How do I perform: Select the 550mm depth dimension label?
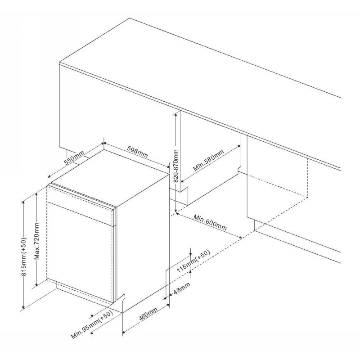[x=74, y=157]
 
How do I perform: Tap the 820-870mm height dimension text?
[x=175, y=166]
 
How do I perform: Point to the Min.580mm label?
[x=208, y=161]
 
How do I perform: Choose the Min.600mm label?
[x=210, y=222]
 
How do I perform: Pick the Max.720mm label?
[x=37, y=241]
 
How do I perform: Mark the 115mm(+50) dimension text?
[x=193, y=261]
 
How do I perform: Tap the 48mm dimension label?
[x=182, y=288]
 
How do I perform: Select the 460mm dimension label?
[x=148, y=314]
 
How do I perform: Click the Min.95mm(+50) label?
[x=92, y=324]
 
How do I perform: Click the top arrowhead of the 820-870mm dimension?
[x=175, y=113]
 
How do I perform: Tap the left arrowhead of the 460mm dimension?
[x=124, y=332]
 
